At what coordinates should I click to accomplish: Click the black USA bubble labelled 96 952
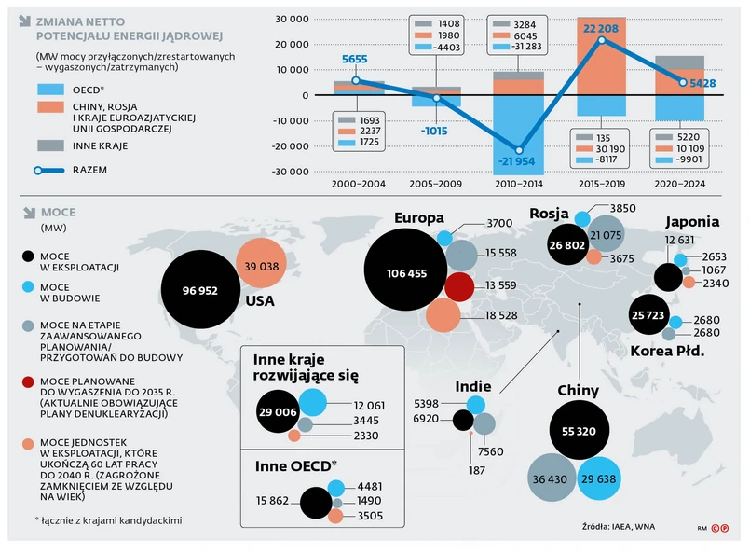point(201,290)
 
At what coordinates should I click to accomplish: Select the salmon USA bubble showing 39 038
point(260,266)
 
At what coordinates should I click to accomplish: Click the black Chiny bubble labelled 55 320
point(586,432)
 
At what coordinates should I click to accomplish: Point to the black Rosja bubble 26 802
point(566,244)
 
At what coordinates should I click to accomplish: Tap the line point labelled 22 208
point(601,39)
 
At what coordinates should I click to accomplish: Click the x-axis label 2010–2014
point(518,184)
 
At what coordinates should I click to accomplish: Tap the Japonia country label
point(691,222)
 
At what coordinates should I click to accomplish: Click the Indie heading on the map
point(473,386)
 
